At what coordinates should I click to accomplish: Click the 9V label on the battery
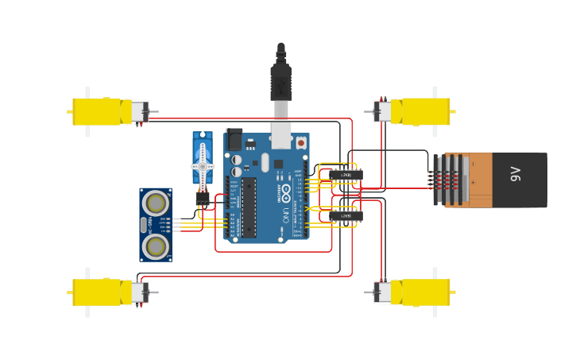(515, 173)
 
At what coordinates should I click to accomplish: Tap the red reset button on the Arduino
(301, 143)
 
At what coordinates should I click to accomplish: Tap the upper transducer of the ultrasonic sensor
(156, 203)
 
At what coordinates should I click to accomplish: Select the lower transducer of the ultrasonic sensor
(156, 246)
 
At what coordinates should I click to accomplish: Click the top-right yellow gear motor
(425, 111)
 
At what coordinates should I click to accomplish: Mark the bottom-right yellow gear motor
(425, 292)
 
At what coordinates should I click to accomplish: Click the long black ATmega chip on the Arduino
(249, 207)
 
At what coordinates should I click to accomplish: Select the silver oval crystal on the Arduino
(265, 162)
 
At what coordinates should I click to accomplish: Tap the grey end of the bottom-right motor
(383, 292)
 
